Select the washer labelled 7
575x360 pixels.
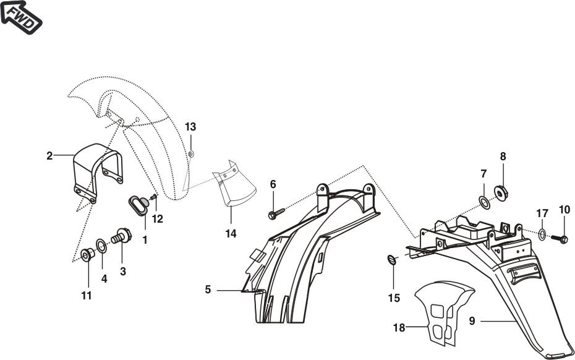coord(484,200)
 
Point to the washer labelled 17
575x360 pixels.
coord(542,234)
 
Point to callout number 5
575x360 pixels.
coord(208,289)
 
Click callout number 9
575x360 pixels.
coord(472,321)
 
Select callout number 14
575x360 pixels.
coord(231,234)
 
